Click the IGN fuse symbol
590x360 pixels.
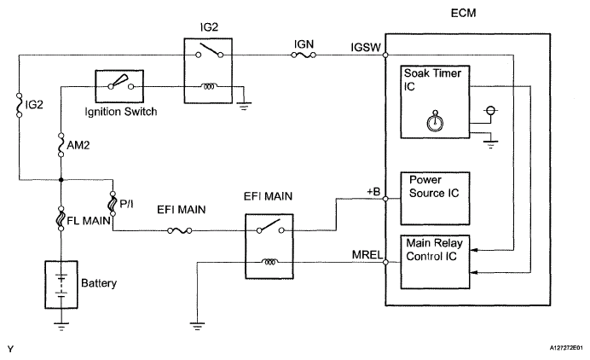[304, 55]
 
